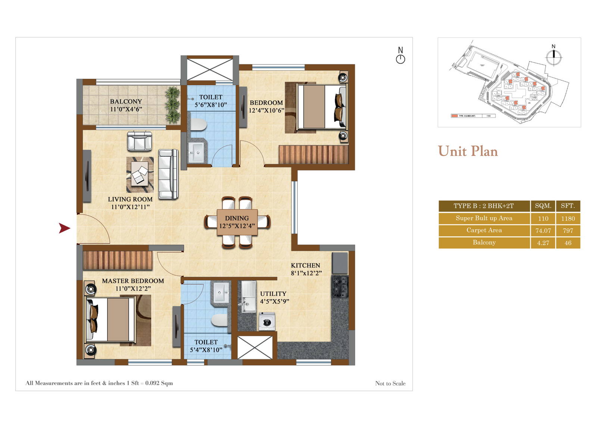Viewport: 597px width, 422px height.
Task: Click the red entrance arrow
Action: coord(65,228)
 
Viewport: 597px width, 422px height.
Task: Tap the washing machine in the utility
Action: coord(267,321)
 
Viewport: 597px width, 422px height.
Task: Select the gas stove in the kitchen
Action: coord(340,287)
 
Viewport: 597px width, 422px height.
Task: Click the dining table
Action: coord(237,222)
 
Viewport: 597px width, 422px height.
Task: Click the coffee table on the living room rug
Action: coord(140,175)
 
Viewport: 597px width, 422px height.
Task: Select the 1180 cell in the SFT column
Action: coord(568,218)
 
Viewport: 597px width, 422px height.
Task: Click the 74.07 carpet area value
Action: coord(543,231)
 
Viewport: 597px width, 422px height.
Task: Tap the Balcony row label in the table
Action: coord(484,243)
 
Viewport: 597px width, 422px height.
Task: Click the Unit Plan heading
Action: coord(468,151)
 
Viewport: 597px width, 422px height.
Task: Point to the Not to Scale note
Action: coord(390,383)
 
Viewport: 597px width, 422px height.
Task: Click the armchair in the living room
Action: coord(140,141)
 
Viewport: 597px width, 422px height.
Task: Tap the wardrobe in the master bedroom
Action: coord(118,260)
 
